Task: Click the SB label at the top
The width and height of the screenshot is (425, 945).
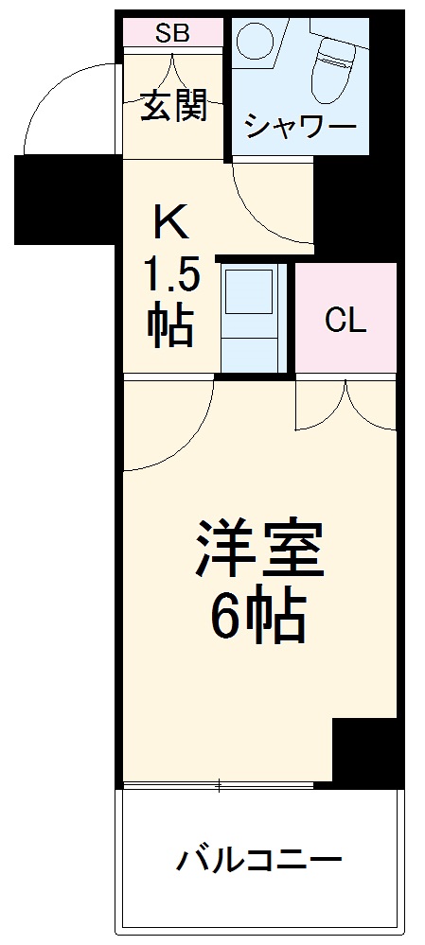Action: (172, 33)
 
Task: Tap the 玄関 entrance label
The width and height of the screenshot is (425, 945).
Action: (173, 106)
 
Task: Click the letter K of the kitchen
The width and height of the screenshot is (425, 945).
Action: (172, 225)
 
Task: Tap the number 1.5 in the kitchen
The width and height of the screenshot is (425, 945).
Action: (171, 277)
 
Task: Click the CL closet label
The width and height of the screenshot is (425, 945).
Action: (345, 322)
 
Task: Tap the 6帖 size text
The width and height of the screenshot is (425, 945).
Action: (257, 619)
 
